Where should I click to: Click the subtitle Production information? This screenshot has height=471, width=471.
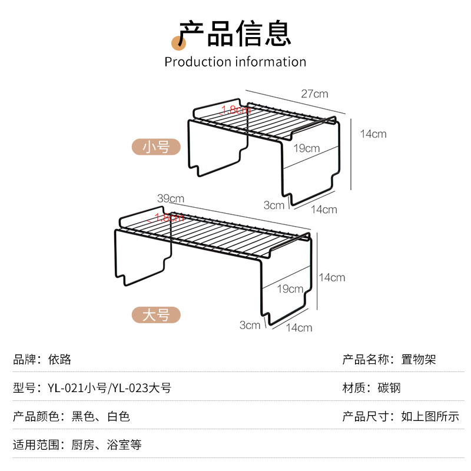[235, 62]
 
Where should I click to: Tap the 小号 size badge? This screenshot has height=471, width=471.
[156, 147]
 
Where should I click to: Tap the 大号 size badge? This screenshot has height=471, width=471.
[156, 315]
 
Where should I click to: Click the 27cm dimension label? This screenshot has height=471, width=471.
[314, 94]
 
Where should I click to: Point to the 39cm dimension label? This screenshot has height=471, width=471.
[171, 198]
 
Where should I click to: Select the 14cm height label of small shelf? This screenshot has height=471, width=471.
[373, 134]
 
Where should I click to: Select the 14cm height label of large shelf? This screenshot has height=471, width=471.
[331, 277]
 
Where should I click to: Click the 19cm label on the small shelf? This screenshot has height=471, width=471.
[307, 148]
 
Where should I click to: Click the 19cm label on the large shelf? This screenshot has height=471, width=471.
[290, 289]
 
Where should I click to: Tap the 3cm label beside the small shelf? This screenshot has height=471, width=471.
[274, 205]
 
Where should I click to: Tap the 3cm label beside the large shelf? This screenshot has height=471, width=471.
[250, 325]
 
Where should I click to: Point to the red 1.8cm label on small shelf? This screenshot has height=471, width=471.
[235, 110]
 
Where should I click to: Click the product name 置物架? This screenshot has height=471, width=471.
[419, 359]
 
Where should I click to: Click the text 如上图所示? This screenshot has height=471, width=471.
[430, 416]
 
